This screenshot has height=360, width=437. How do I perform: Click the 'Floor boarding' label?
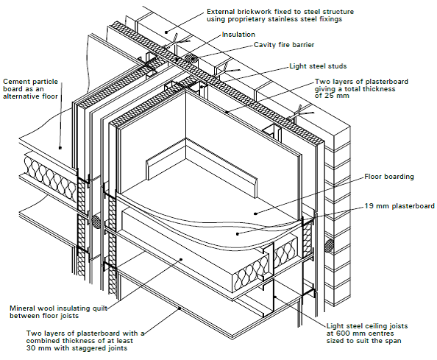[x=389, y=177]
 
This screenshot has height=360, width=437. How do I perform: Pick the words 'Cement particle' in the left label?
[x=27, y=81]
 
